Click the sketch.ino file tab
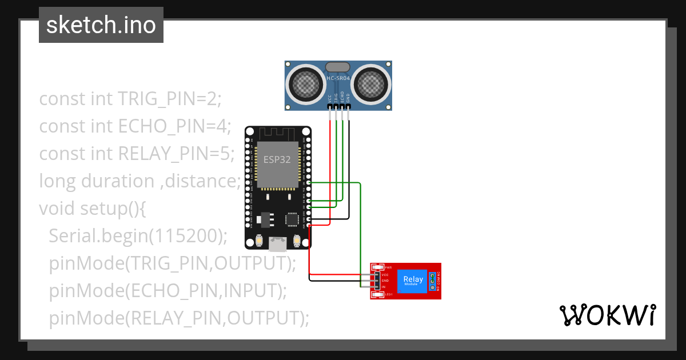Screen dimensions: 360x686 point(101,25)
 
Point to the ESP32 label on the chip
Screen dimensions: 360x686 point(277,160)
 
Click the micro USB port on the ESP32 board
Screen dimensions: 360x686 point(278,244)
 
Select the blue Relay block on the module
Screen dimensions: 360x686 point(413,281)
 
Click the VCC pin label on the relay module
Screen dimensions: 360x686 point(385,275)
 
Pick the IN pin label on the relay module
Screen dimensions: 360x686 point(384,286)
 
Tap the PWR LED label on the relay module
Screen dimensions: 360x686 point(388,267)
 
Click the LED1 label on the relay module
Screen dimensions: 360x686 point(388,294)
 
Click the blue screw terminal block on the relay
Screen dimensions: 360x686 point(433,281)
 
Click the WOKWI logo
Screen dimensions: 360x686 point(607,315)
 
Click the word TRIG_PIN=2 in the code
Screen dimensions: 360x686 point(169,99)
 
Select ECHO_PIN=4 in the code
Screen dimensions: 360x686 point(174,126)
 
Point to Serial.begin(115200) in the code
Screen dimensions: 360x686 point(138,235)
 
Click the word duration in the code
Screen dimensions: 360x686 point(118,181)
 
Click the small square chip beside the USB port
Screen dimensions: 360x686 point(293,219)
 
